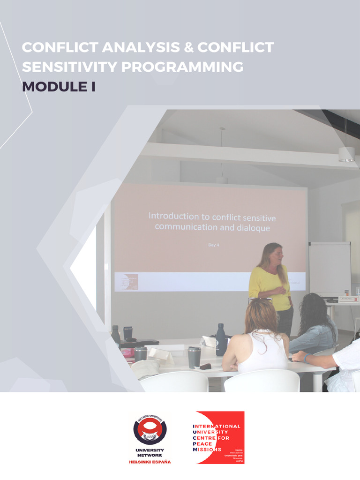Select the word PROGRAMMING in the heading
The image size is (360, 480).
click(x=182, y=67)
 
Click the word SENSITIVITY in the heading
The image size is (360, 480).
click(x=69, y=67)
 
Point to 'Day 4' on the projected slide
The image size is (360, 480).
click(x=213, y=244)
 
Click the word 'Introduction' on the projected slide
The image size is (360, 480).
click(x=174, y=217)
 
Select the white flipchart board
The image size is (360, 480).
click(x=330, y=268)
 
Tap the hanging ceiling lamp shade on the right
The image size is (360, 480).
click(x=347, y=154)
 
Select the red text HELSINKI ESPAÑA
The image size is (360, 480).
click(x=150, y=462)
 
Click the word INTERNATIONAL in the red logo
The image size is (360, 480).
click(x=217, y=426)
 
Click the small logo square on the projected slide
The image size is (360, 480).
click(x=126, y=282)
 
